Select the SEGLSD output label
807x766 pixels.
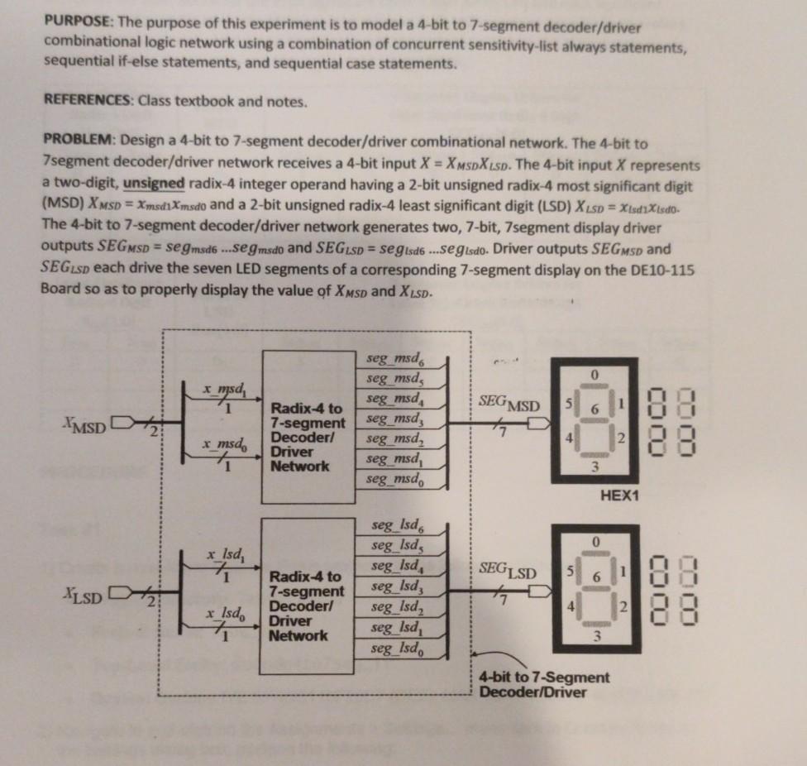(x=507, y=572)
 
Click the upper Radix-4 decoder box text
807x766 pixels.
(x=308, y=437)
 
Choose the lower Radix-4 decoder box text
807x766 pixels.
(x=308, y=606)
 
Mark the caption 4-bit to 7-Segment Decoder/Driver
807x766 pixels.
(x=543, y=684)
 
